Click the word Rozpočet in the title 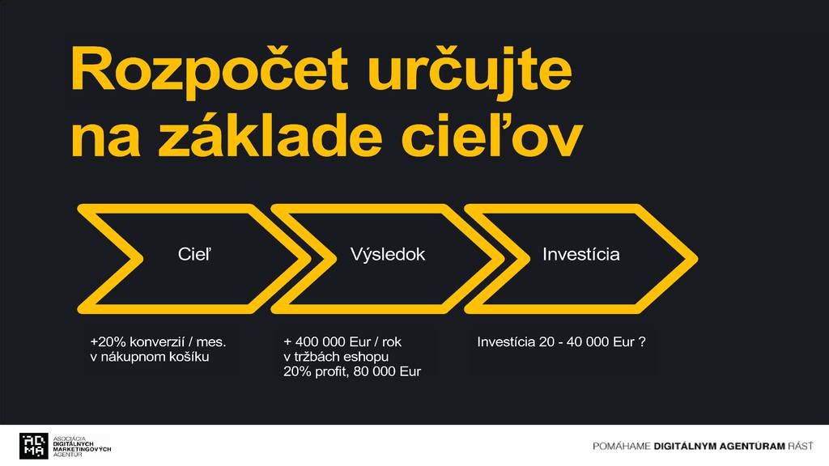210,70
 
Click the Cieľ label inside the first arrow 194,254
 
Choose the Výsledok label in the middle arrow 388,254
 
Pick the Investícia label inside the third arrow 581,254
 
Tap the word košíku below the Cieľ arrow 189,357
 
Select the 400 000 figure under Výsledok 320,342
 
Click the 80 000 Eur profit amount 387,371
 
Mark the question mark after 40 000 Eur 642,342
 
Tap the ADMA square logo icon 34,446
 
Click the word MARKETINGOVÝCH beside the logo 82,449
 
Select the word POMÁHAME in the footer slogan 621,446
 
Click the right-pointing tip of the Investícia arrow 696,258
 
